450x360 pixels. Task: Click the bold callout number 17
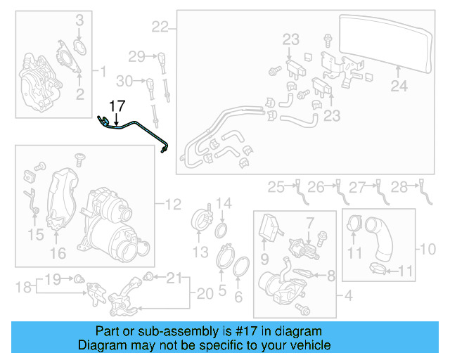117,106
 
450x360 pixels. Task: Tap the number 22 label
160,27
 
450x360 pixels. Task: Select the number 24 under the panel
399,87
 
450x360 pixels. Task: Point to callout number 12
173,205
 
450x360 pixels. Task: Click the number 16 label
57,253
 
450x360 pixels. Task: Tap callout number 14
223,205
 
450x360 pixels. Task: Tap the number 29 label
136,56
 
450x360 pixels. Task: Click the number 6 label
238,295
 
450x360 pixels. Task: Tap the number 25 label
276,186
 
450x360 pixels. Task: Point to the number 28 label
399,186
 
